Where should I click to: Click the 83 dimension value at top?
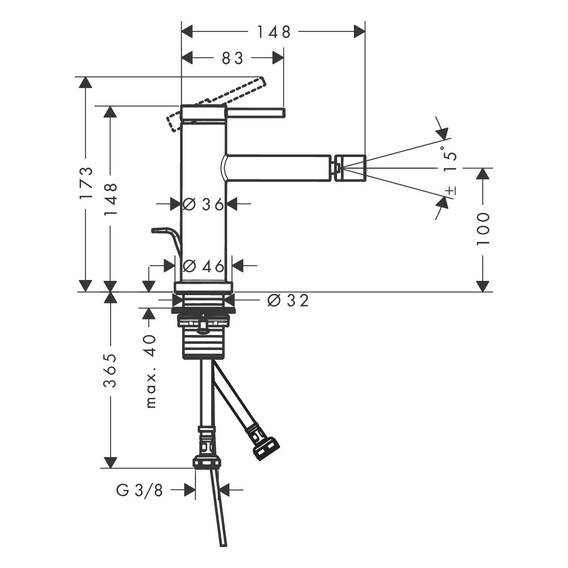pos(232,58)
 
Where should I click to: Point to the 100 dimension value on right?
pos(483,229)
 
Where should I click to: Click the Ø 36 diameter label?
pos(203,204)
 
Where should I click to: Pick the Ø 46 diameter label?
pos(204,266)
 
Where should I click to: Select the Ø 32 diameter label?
pos(288,300)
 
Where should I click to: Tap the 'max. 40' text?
pos(150,372)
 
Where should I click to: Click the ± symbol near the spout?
pos(450,190)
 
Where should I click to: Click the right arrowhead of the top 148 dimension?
pos(359,31)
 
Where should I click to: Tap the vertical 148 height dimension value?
pos(111,199)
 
